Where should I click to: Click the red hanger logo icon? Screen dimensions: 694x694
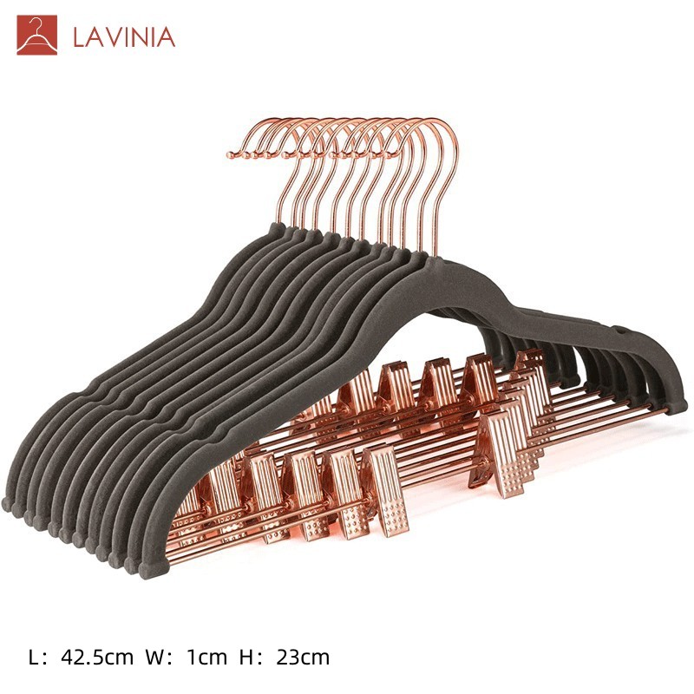pos(36,35)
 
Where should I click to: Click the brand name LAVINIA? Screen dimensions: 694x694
pos(124,37)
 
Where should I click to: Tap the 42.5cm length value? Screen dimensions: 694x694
pos(97,658)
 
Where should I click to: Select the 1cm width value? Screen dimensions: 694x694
pos(207,658)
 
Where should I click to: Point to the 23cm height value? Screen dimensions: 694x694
pos(303,658)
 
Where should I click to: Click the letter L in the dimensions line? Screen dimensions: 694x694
pos(33,658)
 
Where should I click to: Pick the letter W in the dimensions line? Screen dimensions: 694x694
pos(155,658)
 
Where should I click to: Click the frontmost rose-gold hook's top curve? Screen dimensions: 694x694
pos(436,121)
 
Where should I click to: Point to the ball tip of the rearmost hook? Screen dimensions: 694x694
pos(230,155)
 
